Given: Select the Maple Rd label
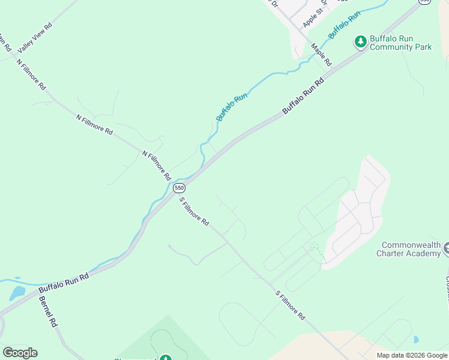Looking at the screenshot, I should (321, 55).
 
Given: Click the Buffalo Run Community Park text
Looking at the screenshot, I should (400, 43).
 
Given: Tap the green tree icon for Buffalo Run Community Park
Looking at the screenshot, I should (360, 41).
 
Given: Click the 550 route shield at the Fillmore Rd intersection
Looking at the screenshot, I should (179, 188).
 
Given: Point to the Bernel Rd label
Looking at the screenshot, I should (47, 311).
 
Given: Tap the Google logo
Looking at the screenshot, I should (20, 353).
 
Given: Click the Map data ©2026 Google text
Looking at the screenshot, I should (412, 355).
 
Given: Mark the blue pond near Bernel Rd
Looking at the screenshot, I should (17, 293).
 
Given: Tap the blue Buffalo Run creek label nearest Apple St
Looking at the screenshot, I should (344, 25).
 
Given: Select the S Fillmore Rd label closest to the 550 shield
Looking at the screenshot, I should (194, 212).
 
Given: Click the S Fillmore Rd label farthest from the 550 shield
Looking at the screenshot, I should (291, 305).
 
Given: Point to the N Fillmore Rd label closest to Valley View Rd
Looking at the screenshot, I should (31, 74).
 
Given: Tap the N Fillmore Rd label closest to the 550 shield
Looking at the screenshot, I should (157, 166).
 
